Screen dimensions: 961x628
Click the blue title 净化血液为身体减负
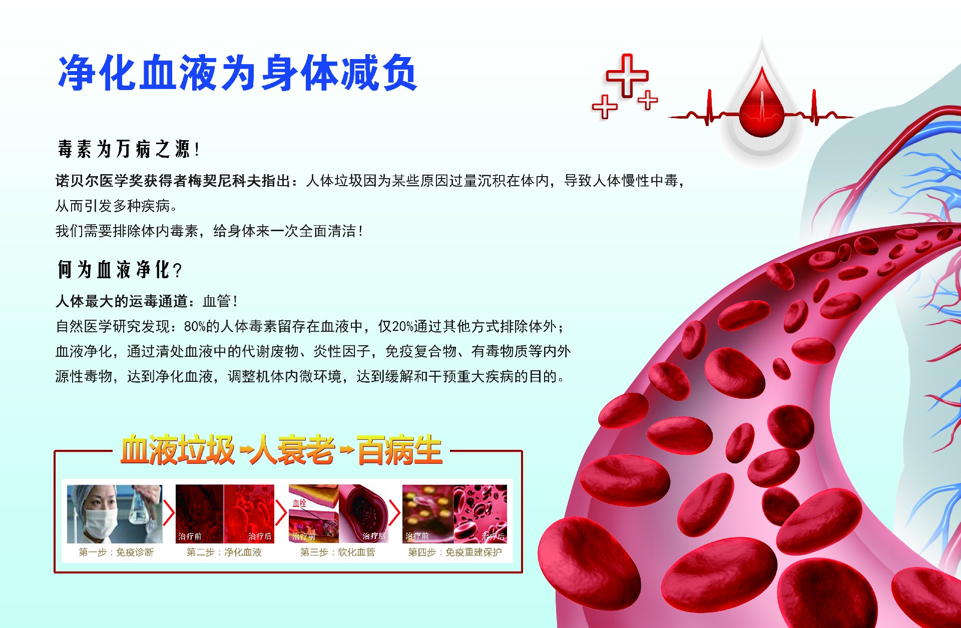tap(238, 73)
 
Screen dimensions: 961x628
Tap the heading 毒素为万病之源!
tap(128, 149)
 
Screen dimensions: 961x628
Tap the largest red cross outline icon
tap(627, 76)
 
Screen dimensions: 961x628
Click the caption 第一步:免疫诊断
tap(116, 552)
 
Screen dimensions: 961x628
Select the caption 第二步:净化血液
tap(224, 552)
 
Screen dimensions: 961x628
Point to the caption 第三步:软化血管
tap(337, 552)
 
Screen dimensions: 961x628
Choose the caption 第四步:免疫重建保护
tap(455, 552)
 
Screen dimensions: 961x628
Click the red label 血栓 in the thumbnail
tap(299, 503)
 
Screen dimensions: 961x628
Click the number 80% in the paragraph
tap(195, 327)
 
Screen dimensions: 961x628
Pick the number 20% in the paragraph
tap(403, 327)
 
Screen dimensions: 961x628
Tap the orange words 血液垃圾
tap(178, 450)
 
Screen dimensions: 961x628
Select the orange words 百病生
tap(399, 450)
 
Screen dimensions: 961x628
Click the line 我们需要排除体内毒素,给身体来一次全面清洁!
tap(209, 231)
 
